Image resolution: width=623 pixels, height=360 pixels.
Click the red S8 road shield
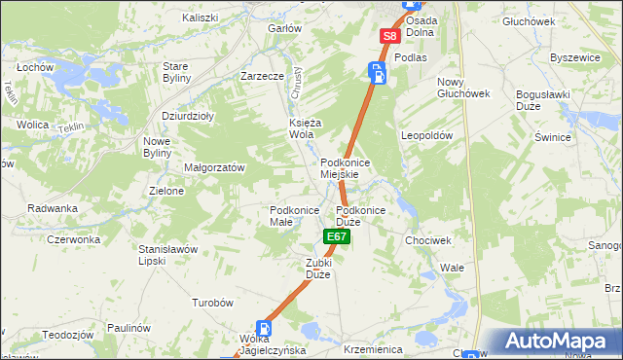pyautogui.click(x=389, y=36)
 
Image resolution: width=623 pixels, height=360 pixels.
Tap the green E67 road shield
pyautogui.click(x=337, y=236)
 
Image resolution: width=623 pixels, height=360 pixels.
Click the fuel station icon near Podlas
pyautogui.click(x=377, y=71)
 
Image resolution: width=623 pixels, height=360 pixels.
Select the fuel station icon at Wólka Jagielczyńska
pyautogui.click(x=263, y=330)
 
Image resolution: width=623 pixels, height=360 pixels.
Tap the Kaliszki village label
pyautogui.click(x=201, y=18)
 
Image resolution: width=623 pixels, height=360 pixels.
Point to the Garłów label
pyautogui.click(x=284, y=28)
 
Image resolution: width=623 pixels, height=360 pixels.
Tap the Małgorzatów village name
pyautogui.click(x=214, y=167)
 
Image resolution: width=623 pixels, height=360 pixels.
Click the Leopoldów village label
pyautogui.click(x=427, y=136)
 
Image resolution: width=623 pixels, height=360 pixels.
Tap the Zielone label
pyautogui.click(x=166, y=191)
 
